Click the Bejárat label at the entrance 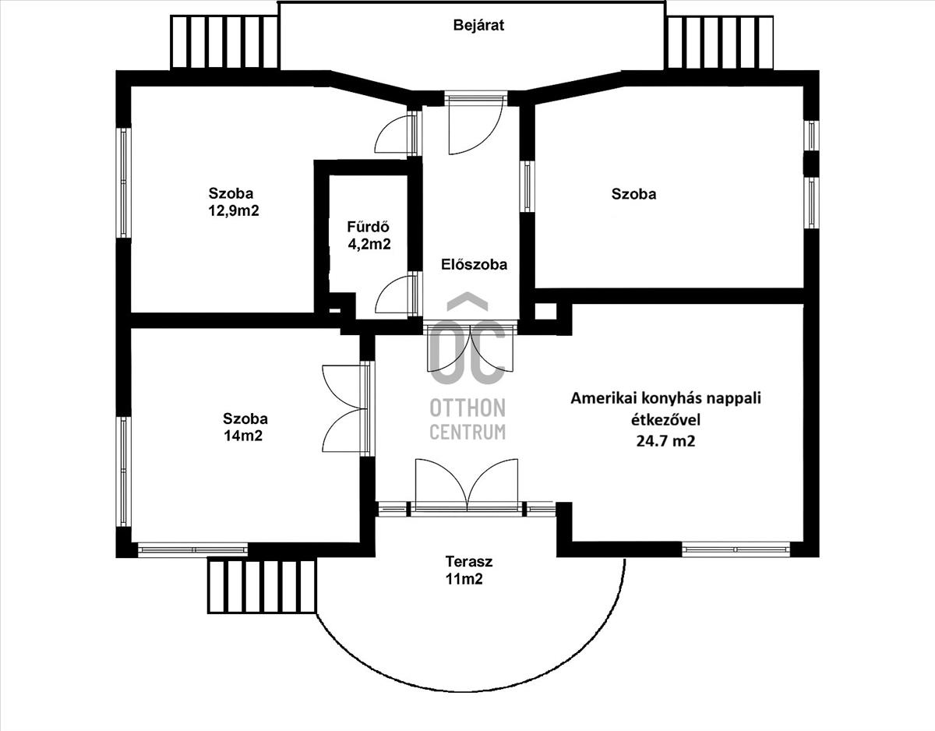pos(478,26)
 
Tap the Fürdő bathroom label pos(369,226)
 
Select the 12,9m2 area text pos(234,211)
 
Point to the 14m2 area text pos(243,436)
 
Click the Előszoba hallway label pos(475,264)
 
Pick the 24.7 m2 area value pos(665,441)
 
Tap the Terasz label pos(469,561)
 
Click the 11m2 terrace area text pos(464,579)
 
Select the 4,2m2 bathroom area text pos(369,245)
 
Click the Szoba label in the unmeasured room pos(633,194)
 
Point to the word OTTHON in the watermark pos(467,408)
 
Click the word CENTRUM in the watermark pos(467,432)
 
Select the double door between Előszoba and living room pos(471,348)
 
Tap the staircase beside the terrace pos(262,585)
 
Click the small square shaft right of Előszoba pos(545,312)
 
